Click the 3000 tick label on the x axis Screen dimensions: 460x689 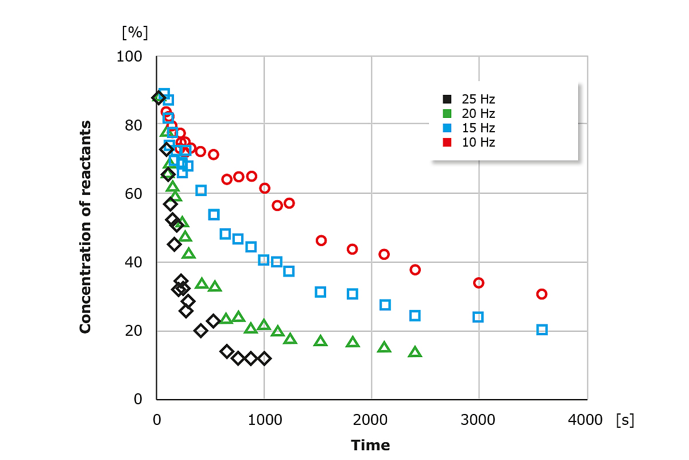pos(478,420)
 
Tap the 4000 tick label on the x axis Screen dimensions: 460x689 pos(586,420)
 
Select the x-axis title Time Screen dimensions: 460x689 pos(370,445)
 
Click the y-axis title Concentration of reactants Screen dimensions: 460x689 pos(86,227)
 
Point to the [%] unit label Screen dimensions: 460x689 pos(135,32)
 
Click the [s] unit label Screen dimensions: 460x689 pos(624,420)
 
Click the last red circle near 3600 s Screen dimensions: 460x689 pos(541,294)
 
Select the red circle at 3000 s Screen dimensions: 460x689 pos(478,283)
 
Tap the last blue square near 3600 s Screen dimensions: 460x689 pos(542,329)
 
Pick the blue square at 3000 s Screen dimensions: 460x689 pos(478,317)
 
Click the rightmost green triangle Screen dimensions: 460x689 pos(415,352)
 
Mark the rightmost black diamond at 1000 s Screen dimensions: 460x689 pos(264,358)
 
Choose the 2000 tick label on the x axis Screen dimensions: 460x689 pos(371,420)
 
